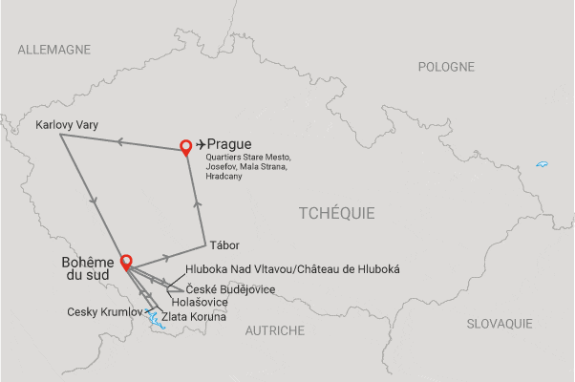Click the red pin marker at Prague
point(186,146)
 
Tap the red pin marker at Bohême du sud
point(125,260)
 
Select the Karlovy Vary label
point(66,124)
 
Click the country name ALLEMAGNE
point(53,49)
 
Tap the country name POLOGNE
point(446,67)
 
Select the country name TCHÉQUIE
point(336,212)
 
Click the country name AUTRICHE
point(274,330)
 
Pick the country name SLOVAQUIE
point(500,324)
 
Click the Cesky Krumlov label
point(105,312)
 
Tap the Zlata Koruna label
point(194,316)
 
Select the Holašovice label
point(200,302)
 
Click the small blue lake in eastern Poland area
point(542,165)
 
